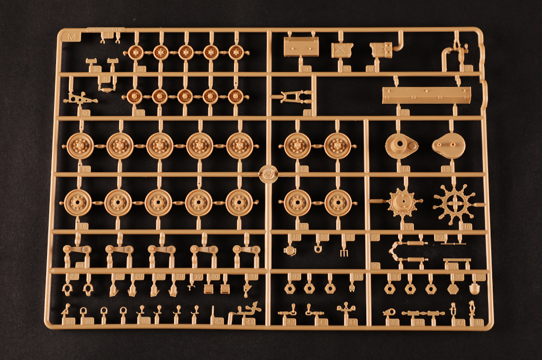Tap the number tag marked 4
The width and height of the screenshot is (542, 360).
(306, 68)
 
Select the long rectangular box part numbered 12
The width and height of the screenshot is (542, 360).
(426, 96)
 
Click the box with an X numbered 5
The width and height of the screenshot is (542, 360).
(342, 50)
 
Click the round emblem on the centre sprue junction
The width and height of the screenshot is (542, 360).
(268, 173)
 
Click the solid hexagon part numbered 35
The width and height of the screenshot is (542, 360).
(453, 289)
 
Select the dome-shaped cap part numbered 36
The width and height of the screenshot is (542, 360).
(474, 289)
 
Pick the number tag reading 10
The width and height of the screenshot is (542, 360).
(140, 112)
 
